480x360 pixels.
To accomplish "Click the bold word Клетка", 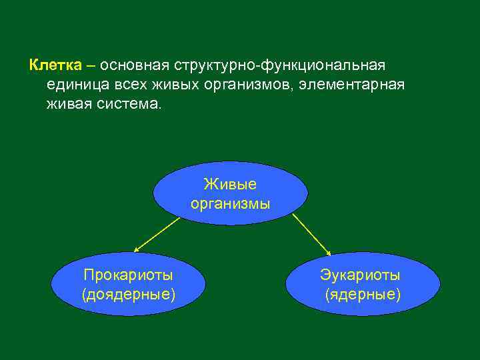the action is [55, 66].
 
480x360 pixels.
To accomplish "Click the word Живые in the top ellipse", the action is [230, 185].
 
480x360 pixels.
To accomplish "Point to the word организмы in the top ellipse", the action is [230, 203].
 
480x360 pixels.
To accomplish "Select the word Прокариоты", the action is [128, 274].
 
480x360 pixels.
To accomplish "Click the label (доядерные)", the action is [128, 293].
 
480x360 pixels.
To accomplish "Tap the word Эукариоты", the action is [360, 274].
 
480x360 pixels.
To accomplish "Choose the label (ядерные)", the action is [363, 293].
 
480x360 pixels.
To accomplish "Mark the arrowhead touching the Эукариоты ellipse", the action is [329, 252].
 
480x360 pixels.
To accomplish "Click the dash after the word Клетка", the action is [90, 66].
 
